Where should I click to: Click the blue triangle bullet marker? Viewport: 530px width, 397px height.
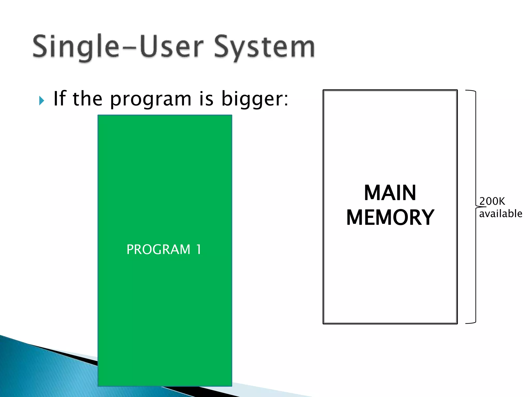(x=41, y=100)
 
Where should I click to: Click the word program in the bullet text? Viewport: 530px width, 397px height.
(x=151, y=100)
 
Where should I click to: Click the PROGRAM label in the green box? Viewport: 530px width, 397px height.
(x=158, y=250)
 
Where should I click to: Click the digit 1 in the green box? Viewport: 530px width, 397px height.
(x=198, y=250)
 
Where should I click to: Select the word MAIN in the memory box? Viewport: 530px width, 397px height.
(x=390, y=193)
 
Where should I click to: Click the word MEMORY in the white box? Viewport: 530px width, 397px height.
(x=390, y=218)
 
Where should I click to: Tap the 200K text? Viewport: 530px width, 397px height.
(x=492, y=201)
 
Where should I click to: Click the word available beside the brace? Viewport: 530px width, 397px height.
(x=500, y=214)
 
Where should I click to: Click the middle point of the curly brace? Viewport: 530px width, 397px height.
(x=478, y=207)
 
